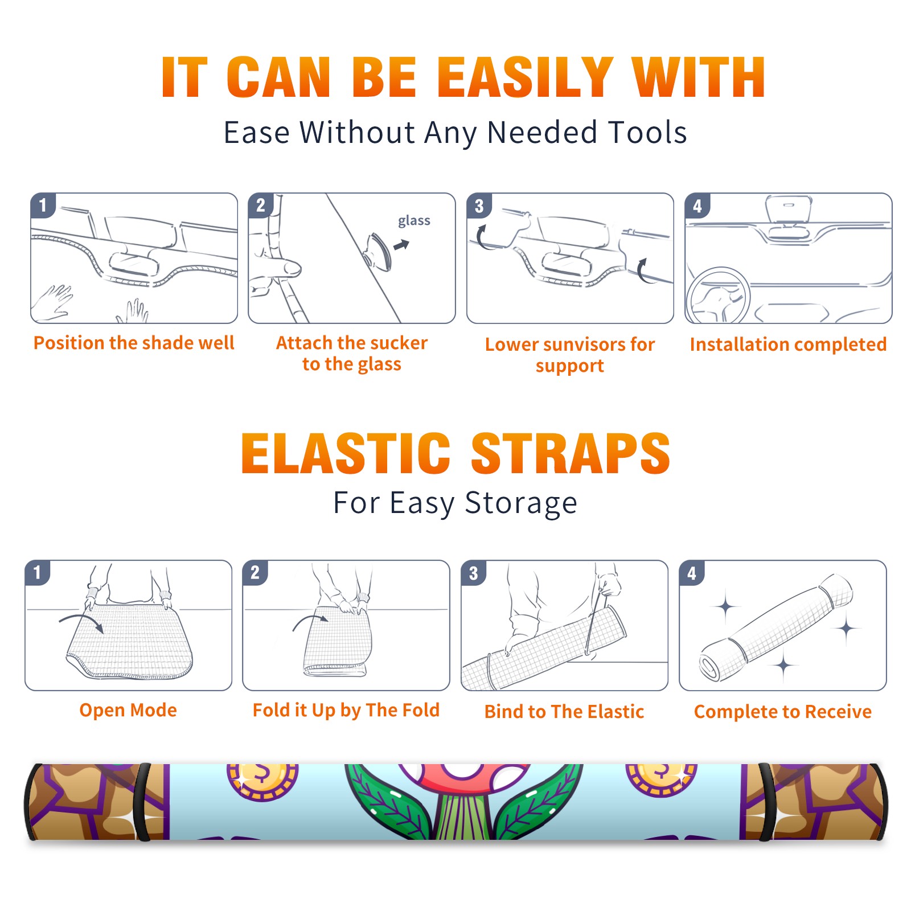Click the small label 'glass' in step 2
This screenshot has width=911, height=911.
(414, 221)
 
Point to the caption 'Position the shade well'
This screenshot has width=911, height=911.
(134, 343)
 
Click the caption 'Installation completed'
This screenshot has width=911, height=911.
(788, 344)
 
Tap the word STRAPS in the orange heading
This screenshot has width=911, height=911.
(571, 453)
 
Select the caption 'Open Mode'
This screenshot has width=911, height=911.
(128, 710)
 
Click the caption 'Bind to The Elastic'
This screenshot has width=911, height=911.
(564, 712)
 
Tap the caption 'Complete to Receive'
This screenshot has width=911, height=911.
(783, 712)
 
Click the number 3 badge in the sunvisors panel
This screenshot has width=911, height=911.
(479, 206)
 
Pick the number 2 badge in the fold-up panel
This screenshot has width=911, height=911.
(255, 572)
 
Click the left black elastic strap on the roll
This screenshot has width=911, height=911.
(142, 802)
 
